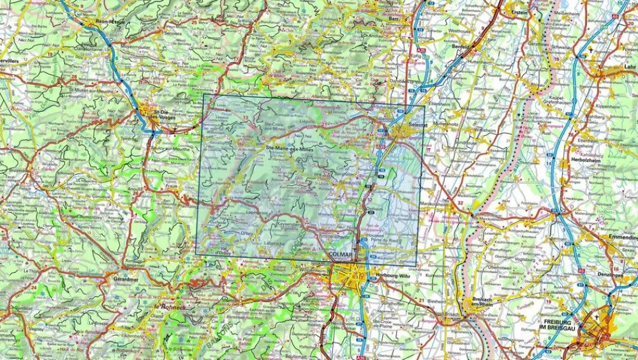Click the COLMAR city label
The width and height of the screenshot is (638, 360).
click(341, 255)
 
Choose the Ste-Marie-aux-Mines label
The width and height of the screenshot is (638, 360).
click(293, 149)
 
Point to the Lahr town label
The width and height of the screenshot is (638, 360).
click(630, 66)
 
